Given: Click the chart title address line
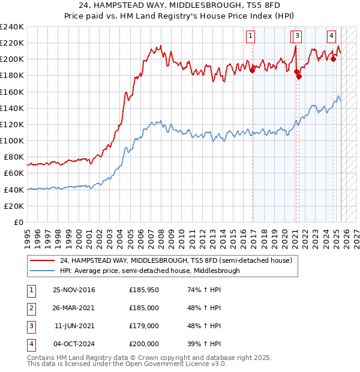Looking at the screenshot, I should [180, 5].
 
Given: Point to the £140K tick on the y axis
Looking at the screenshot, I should [13, 108].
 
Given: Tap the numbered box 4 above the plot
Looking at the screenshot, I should [331, 35].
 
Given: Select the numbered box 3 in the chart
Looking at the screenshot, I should [298, 35].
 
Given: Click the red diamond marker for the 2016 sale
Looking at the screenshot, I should [252, 70].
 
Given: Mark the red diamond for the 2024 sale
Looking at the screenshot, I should [333, 59].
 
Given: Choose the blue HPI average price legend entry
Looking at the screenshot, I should [149, 271].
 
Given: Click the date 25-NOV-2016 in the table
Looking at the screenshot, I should [74, 290].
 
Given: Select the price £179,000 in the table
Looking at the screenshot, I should [144, 326].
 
